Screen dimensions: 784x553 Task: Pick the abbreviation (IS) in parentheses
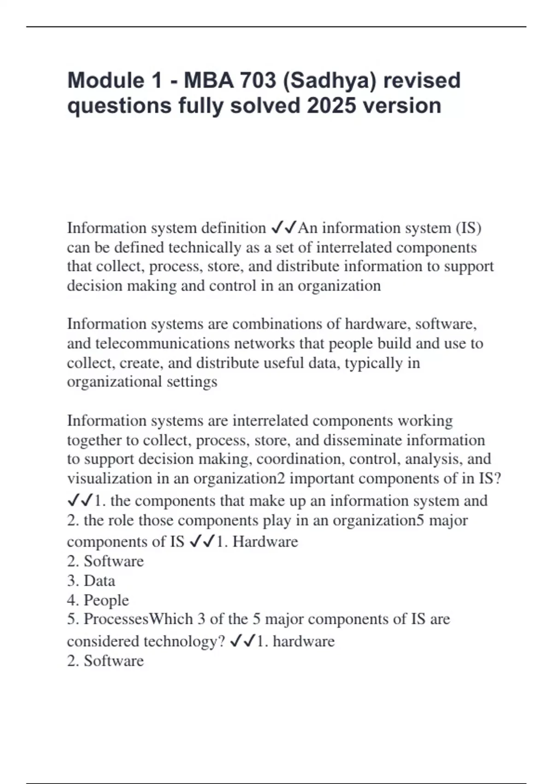tap(468, 228)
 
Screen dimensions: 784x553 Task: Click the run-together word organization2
tap(240, 479)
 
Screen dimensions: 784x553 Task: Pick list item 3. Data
tap(91, 581)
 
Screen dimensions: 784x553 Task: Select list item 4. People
tap(98, 600)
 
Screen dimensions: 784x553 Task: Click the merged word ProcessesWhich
tap(138, 619)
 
